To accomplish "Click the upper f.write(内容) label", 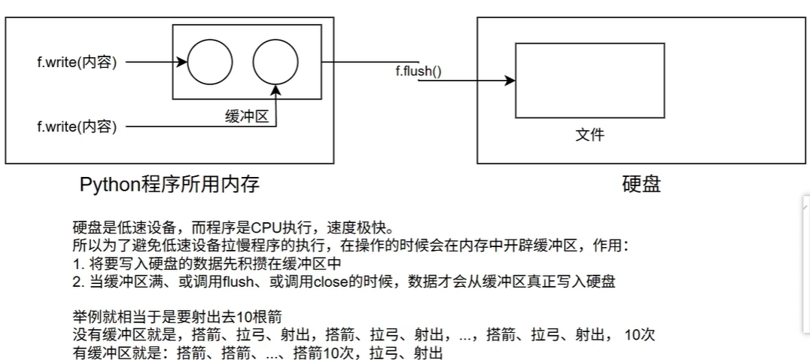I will point(77,62).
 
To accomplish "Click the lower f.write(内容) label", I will point(77,126).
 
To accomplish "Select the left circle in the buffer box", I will point(210,62).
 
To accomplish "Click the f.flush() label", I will point(418,72).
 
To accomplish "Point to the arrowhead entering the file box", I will point(510,81).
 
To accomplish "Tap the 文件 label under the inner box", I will point(589,136).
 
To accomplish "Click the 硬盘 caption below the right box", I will point(641,185).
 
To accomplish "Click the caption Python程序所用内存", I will point(169,185).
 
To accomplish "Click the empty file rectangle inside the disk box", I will point(589,80).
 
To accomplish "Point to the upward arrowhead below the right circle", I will point(277,90).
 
